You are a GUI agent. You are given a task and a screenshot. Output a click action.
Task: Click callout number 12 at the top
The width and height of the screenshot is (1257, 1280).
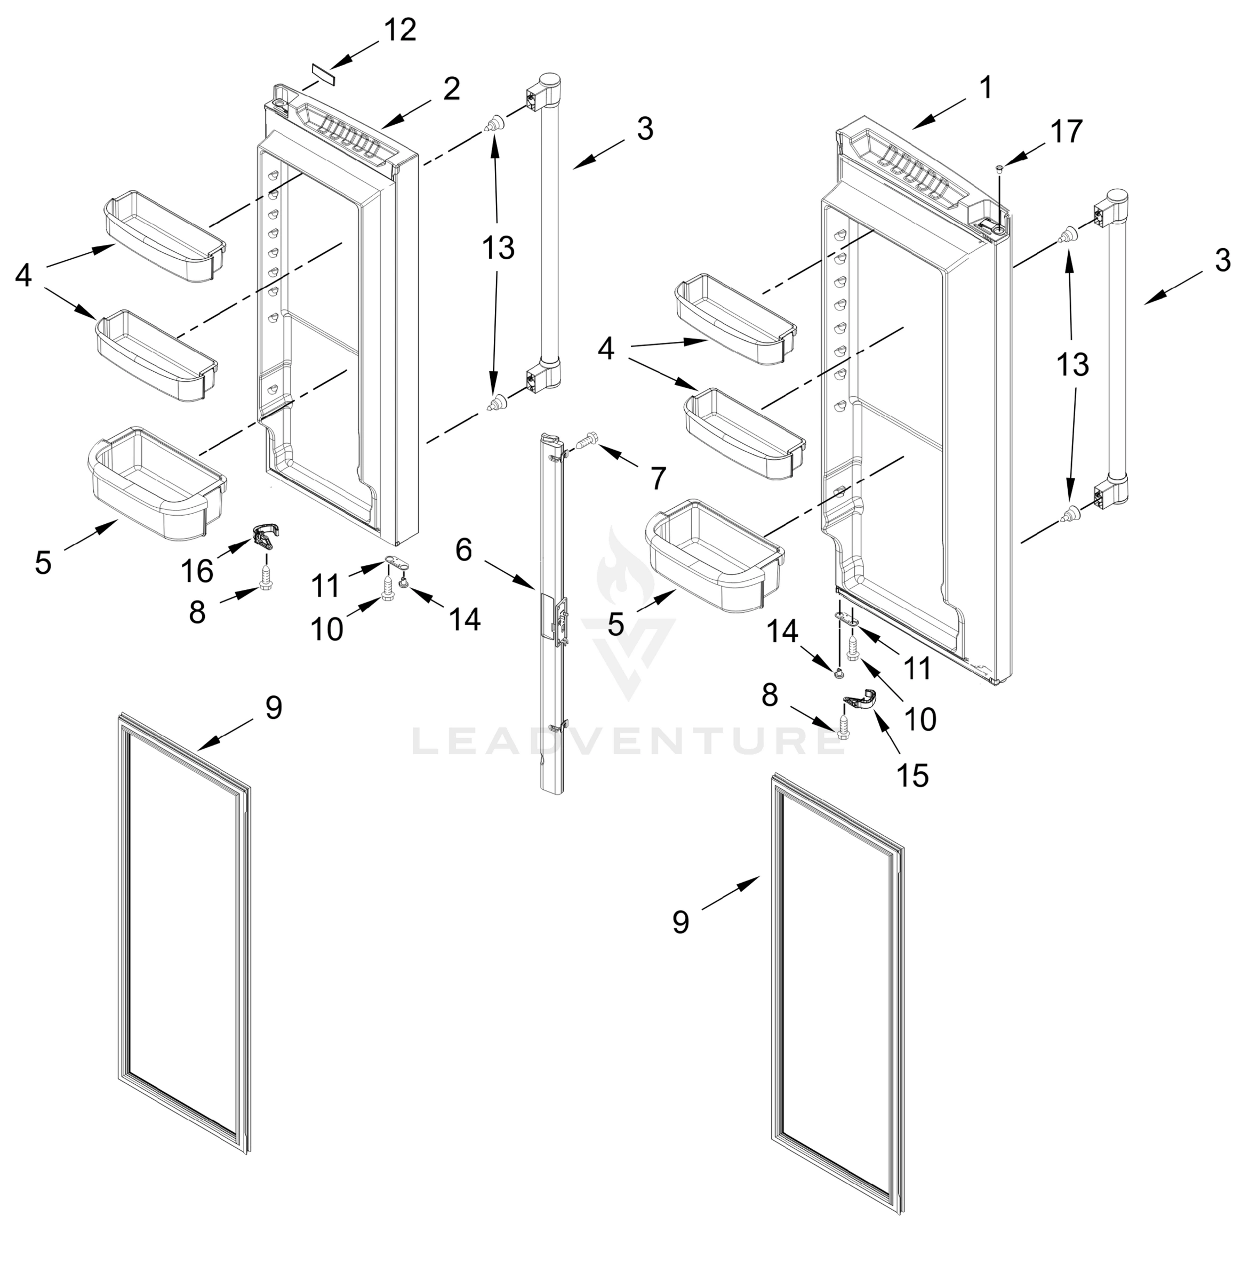[x=400, y=30]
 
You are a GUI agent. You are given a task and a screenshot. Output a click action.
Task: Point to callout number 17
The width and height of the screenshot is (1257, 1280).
[x=1067, y=131]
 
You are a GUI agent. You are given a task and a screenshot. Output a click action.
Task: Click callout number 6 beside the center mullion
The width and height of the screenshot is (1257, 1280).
[x=464, y=550]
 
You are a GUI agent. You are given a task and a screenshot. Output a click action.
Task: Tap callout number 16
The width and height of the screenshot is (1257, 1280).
[x=197, y=570]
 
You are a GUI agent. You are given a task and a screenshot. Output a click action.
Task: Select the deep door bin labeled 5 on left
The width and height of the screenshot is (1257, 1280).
[x=156, y=483]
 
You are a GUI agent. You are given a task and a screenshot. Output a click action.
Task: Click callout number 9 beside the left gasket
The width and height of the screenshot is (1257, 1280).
[x=273, y=708]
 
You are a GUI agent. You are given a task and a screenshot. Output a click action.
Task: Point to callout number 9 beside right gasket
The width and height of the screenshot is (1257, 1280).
[x=680, y=922]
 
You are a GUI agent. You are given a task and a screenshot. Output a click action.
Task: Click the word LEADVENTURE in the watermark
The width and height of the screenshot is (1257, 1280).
[x=627, y=742]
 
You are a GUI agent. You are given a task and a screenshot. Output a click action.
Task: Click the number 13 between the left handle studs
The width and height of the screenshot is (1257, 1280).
[x=498, y=249]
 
